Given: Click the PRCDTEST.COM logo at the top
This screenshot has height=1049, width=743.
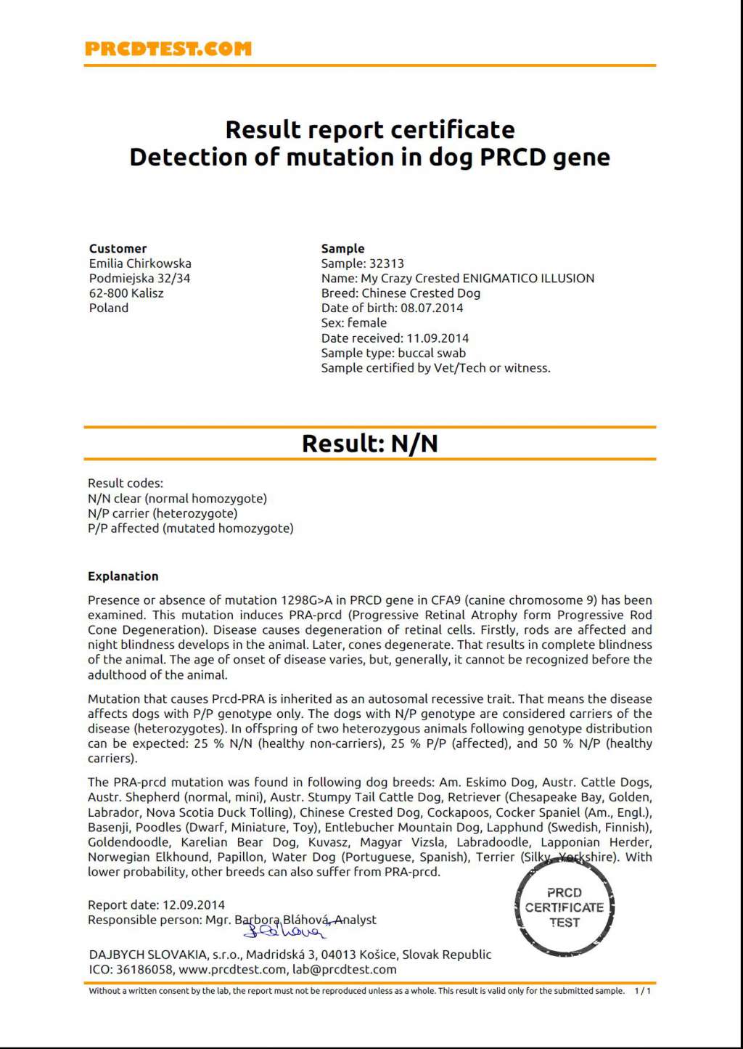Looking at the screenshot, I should pyautogui.click(x=168, y=49).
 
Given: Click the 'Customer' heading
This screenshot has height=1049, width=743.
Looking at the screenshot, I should pyautogui.click(x=118, y=248).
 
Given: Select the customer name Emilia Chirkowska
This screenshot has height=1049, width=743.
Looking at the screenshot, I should pyautogui.click(x=140, y=264).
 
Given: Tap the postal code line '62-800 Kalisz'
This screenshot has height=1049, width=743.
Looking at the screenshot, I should pyautogui.click(x=126, y=293).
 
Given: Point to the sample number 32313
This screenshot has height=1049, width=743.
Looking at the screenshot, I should pyautogui.click(x=386, y=264).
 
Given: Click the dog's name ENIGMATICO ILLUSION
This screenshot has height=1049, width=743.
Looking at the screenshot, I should pyautogui.click(x=528, y=278).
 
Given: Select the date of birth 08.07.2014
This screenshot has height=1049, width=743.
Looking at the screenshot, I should pyautogui.click(x=432, y=308).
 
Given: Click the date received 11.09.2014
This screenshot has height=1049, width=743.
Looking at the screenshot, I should pyautogui.click(x=438, y=338).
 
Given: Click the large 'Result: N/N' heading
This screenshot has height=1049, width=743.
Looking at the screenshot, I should pyautogui.click(x=370, y=444).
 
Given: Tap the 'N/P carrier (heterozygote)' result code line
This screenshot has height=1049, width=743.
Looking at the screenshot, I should pyautogui.click(x=163, y=513).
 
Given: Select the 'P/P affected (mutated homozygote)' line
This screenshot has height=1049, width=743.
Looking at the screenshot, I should pyautogui.click(x=190, y=528).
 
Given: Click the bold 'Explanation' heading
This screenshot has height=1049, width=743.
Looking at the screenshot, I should pyautogui.click(x=123, y=576).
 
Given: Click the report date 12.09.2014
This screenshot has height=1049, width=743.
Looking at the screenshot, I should pyautogui.click(x=193, y=905).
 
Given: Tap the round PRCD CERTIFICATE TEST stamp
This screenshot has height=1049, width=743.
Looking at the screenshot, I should pyautogui.click(x=565, y=907).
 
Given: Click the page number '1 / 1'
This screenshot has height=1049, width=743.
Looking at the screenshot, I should pyautogui.click(x=642, y=991).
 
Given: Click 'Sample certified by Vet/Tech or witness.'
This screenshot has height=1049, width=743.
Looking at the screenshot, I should pyautogui.click(x=435, y=368).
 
